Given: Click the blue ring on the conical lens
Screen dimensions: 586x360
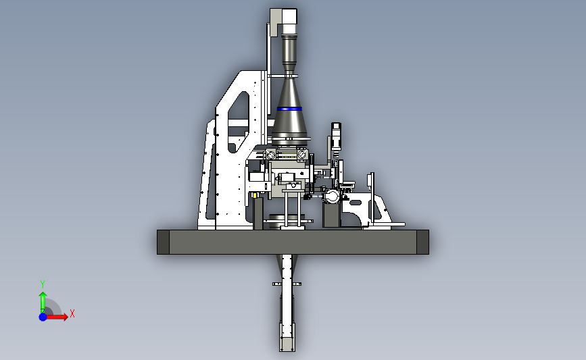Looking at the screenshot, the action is (289, 109).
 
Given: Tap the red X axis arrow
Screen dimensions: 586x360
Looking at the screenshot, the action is (57, 317).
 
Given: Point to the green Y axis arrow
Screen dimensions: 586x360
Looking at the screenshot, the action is (43, 302).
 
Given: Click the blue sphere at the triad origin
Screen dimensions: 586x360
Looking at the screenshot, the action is (43, 317).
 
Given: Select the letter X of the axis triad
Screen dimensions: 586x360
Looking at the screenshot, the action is (72, 313).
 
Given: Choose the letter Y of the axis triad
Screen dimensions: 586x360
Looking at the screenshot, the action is (43, 284).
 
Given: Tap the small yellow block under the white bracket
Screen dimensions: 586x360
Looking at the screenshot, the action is (255, 195).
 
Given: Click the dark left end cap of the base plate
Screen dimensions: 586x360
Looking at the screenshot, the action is (163, 242).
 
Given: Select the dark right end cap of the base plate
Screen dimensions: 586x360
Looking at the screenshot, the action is (422, 242).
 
